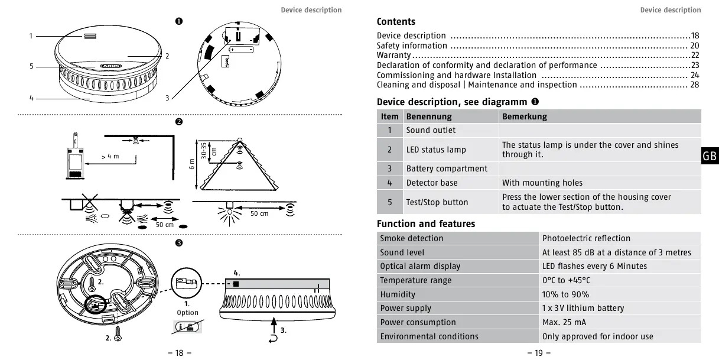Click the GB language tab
coord(710,156)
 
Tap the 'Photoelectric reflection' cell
coord(586,238)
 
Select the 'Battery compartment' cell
coord(447,168)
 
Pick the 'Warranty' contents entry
coord(393,55)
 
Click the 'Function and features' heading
coord(425,223)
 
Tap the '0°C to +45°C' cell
coord(565,280)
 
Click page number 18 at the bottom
coord(180,353)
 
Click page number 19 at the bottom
coord(538,353)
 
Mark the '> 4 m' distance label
coord(110,157)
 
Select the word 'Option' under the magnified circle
coord(188,313)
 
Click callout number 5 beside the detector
coord(31,66)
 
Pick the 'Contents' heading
coord(396,22)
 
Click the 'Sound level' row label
coord(402,252)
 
